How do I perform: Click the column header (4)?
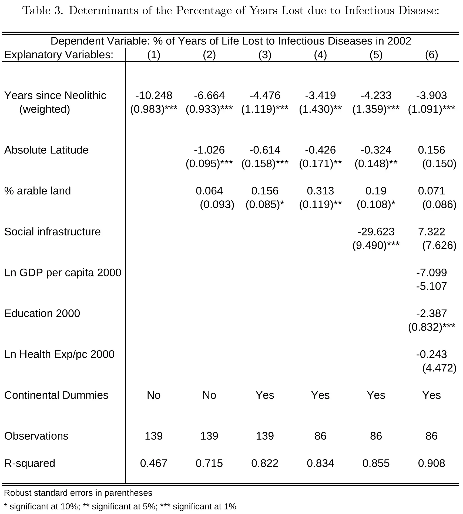[x=320, y=55]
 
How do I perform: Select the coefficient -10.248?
[x=154, y=95]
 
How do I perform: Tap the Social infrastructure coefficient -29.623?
[x=376, y=232]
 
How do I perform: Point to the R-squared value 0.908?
[x=431, y=463]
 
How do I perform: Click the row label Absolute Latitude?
[x=46, y=150]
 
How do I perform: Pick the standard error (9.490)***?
[x=376, y=245]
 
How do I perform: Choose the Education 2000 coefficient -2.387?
[x=431, y=313]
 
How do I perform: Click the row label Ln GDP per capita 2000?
[x=63, y=273]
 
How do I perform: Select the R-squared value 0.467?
[x=154, y=463]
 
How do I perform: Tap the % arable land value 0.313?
[x=320, y=191]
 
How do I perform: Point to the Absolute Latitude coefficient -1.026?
[x=209, y=150]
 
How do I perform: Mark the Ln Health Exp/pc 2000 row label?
[x=59, y=354]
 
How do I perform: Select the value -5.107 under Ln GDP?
[x=431, y=286]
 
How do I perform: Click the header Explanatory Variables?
[x=59, y=55]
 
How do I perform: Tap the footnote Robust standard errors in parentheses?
[x=78, y=493]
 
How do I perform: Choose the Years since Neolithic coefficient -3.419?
[x=320, y=95]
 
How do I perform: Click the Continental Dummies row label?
[x=56, y=395]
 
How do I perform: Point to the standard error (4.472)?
[x=439, y=368]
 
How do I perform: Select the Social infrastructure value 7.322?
[x=431, y=232]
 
